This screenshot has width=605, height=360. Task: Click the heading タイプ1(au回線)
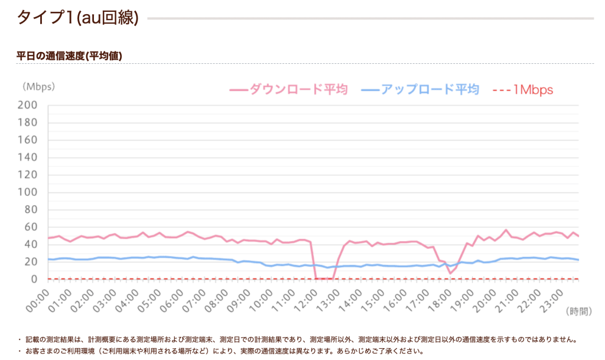(x=77, y=18)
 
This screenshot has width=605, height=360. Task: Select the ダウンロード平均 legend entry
(x=288, y=90)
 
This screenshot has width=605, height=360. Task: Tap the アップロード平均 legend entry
(x=419, y=90)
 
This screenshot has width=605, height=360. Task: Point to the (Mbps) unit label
(x=38, y=86)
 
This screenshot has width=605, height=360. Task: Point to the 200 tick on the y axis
(x=28, y=105)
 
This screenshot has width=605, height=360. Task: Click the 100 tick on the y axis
(x=28, y=192)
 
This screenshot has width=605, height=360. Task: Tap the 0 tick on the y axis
(x=34, y=279)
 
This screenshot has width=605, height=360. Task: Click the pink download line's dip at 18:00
(x=450, y=273)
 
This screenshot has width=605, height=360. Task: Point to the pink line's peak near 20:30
(x=506, y=230)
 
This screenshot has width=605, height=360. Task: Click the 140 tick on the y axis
(x=28, y=157)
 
